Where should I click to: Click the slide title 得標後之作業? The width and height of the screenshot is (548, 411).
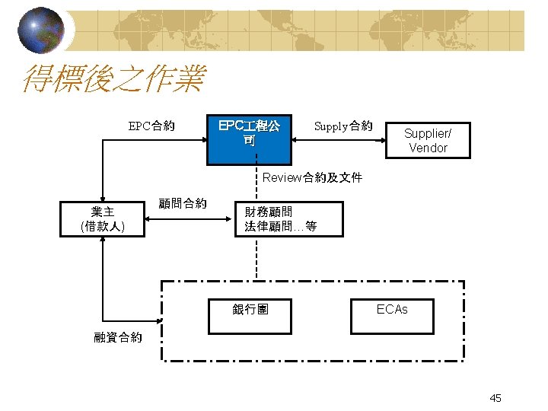(114, 79)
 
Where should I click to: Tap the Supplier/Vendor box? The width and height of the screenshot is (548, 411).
(428, 140)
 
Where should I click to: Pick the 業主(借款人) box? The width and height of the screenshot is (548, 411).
(103, 219)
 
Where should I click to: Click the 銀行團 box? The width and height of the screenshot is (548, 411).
(250, 311)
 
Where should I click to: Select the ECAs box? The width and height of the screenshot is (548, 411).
(392, 311)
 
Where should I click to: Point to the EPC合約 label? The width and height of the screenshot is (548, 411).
(151, 126)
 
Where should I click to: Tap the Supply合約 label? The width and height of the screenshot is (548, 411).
(343, 126)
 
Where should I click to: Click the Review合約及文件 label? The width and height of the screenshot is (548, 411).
(312, 178)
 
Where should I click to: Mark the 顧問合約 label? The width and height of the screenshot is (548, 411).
(182, 202)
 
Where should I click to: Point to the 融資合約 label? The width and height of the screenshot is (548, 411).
(117, 337)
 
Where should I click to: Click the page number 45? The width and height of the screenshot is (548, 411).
(495, 398)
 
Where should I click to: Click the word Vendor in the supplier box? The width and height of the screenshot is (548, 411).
(428, 148)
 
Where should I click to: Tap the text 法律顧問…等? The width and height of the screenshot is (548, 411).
(280, 226)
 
